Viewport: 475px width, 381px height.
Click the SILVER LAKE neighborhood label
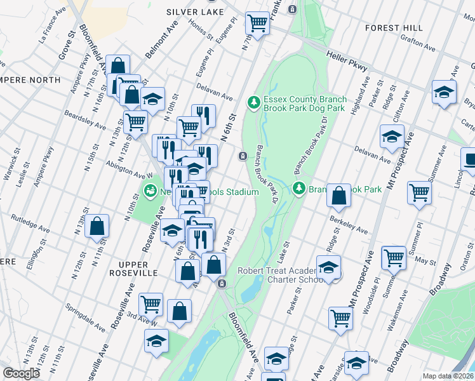pyautogui.click(x=195, y=12)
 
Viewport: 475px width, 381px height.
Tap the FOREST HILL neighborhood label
pyautogui.click(x=394, y=28)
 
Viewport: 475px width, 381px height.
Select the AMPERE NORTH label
pyautogui.click(x=29, y=80)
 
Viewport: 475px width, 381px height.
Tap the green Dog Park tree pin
pyautogui.click(x=254, y=102)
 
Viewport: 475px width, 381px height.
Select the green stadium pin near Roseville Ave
pyautogui.click(x=151, y=190)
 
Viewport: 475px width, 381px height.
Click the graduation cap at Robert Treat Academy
pyautogui.click(x=328, y=267)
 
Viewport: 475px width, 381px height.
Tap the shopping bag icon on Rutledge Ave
pyautogui.click(x=97, y=226)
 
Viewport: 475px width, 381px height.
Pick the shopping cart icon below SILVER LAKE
pyautogui.click(x=257, y=23)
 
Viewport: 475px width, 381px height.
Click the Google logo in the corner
pyautogui.click(x=22, y=373)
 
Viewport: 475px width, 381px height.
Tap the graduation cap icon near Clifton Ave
pyautogui.click(x=392, y=137)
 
